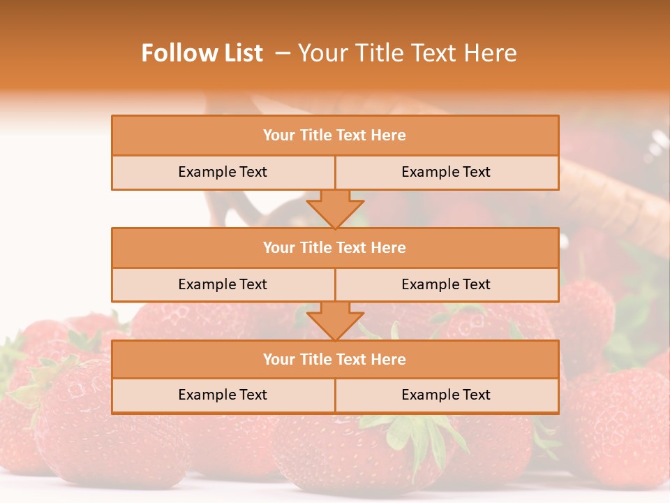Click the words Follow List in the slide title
point(202,53)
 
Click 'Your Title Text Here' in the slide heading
point(407,53)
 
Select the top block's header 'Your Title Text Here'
point(334,136)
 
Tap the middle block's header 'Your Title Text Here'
point(334,248)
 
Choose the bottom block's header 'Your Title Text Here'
point(334,360)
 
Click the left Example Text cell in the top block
point(223,172)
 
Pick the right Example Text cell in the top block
point(446,172)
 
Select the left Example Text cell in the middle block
point(223,284)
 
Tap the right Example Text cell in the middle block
point(446,284)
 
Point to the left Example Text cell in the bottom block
point(223,395)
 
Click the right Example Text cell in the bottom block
point(446,395)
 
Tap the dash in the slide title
point(283,53)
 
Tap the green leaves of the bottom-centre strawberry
point(419,430)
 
